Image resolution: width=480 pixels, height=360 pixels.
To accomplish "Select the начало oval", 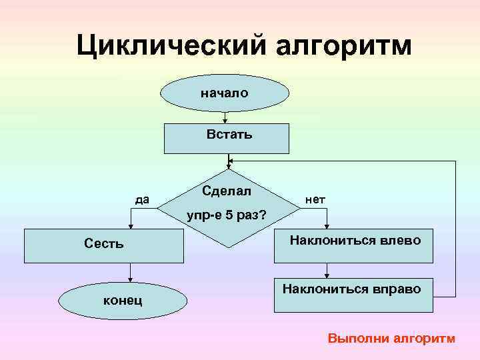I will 225,93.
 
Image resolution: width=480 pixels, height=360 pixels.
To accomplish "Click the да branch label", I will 142,199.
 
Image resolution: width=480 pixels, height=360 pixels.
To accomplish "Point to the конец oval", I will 122,301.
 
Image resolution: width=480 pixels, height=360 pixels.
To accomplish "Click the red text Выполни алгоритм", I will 391,339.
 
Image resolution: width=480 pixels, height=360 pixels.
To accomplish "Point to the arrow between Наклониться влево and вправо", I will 327,270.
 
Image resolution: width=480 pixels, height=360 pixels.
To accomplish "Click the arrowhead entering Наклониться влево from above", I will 327,226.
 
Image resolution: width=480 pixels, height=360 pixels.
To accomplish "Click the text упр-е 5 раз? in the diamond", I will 227,216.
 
